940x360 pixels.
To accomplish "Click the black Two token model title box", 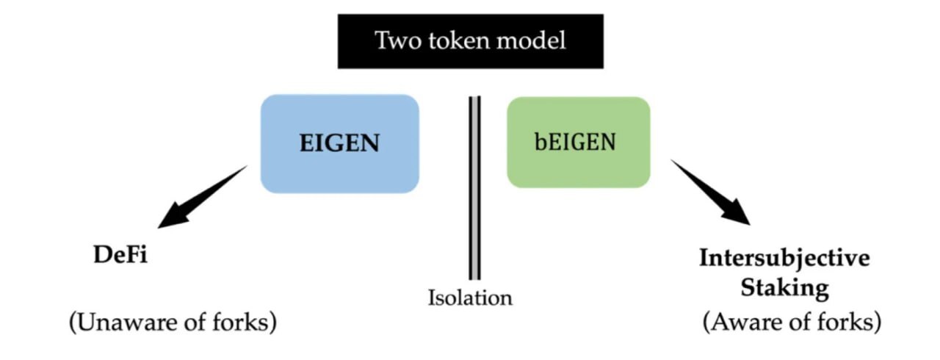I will tap(470, 41).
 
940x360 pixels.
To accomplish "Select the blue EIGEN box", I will tap(339, 143).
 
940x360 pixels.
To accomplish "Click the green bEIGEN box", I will tap(578, 142).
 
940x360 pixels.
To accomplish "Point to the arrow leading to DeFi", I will tap(202, 196).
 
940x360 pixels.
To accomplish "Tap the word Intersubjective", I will tap(784, 258).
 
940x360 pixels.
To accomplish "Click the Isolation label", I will tap(470, 298).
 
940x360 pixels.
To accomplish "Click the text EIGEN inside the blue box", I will tap(339, 143).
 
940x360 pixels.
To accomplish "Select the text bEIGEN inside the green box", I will tap(575, 142).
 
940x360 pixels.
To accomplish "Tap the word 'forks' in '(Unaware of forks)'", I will tap(245, 323).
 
